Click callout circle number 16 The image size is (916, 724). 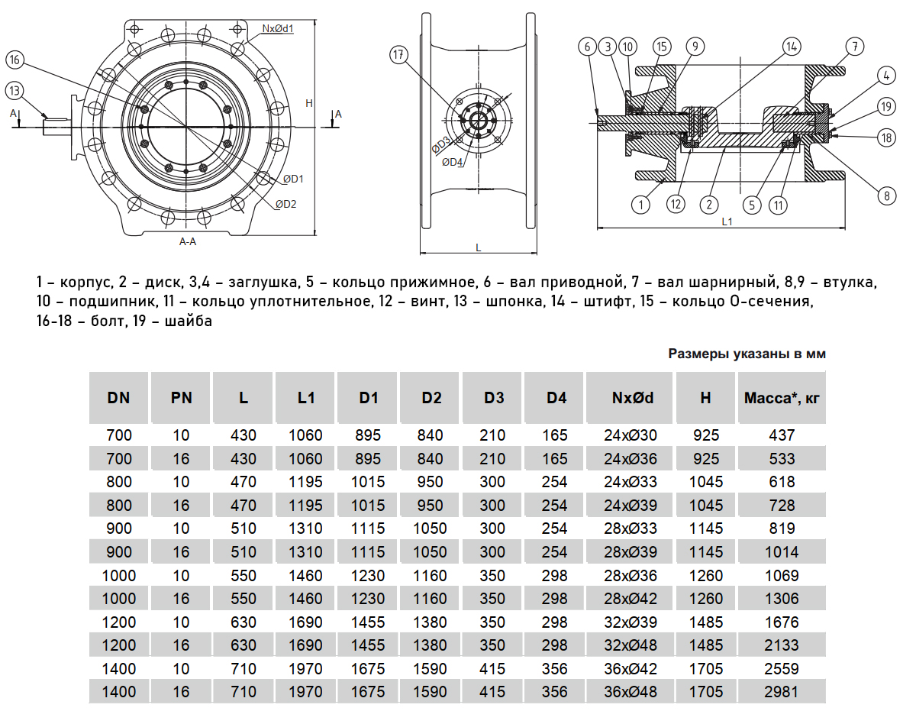click(15, 60)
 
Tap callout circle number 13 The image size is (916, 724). click(15, 91)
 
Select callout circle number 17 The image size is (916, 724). click(398, 55)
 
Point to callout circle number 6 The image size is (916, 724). click(588, 47)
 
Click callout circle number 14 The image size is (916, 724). click(789, 46)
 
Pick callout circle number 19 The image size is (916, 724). click(885, 106)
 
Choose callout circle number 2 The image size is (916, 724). click(710, 204)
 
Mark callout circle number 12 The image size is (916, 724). click(674, 204)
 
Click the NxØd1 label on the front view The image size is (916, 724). click(279, 28)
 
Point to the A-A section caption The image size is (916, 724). click(188, 241)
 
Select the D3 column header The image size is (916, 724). click(494, 397)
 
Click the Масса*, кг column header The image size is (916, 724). click(781, 397)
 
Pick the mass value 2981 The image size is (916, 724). click(782, 692)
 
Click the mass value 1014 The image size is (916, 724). click(782, 552)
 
